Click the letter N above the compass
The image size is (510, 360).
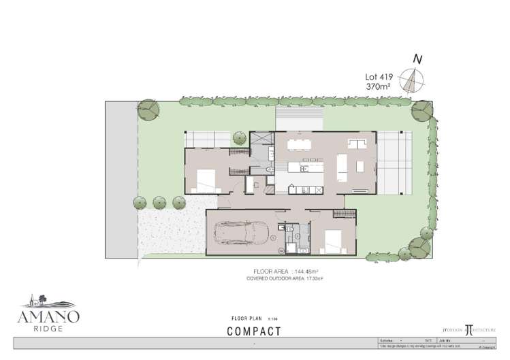(417, 60)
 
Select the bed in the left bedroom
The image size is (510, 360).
(206, 180)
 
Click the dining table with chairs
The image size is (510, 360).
(299, 144)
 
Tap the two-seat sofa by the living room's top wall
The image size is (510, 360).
(356, 143)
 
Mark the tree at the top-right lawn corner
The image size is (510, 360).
(422, 110)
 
